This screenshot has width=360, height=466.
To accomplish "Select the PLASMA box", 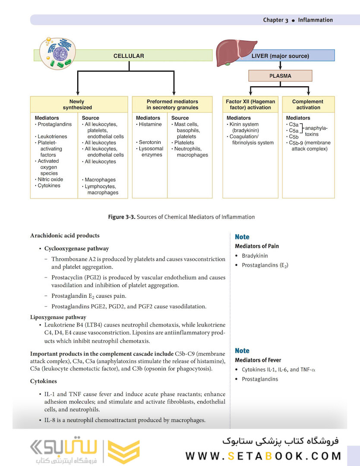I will click(280, 76).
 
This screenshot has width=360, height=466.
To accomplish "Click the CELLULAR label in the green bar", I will click(129, 56).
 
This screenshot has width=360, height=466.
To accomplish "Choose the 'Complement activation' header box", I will click(308, 104).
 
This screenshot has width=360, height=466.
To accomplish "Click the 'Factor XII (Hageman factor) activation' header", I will click(250, 104).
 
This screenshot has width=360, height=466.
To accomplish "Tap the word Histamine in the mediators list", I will click(150, 124).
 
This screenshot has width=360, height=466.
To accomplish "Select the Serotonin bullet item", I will click(150, 142).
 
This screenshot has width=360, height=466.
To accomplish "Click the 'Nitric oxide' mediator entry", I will click(50, 179).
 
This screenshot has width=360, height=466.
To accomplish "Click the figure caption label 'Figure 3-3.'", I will click(122, 217).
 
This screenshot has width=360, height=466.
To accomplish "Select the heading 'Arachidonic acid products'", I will click(65, 236).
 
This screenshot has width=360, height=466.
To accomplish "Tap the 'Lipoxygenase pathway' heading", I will click(58, 317).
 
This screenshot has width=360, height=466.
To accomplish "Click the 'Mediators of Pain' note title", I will click(257, 246).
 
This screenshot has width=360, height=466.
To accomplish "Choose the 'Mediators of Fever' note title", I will click(258, 360).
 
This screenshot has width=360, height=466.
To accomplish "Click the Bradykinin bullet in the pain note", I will click(255, 256).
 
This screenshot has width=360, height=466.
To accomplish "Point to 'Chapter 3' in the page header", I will click(275, 20).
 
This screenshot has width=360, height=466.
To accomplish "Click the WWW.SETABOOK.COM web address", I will click(263, 456).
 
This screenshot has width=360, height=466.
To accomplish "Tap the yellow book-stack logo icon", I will click(123, 452).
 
